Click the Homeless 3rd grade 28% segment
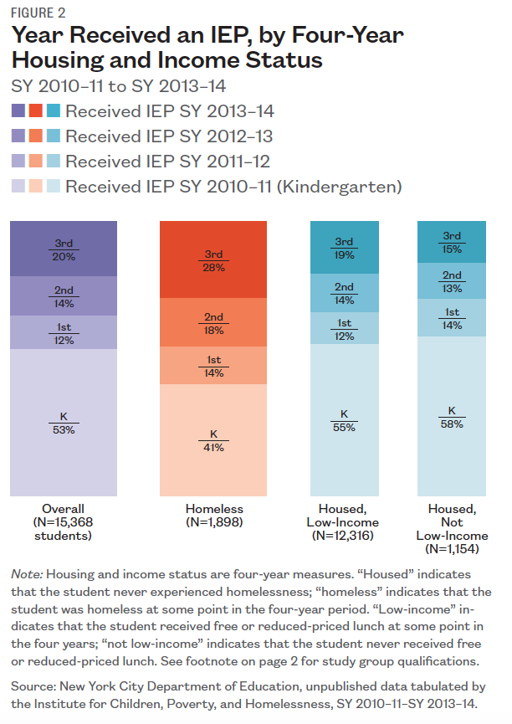point(212,260)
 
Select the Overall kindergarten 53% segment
point(63,423)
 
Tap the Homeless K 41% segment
point(212,439)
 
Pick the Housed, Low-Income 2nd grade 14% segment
point(344,292)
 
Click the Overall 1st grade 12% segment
point(63,332)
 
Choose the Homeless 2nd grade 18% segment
point(212,323)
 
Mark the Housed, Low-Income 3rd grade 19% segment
point(344,248)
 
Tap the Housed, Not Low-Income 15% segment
point(452,242)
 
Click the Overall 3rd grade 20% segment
point(63,249)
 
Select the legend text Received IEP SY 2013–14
point(170,110)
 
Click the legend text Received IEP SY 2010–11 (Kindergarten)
point(233,186)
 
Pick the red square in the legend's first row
point(35,110)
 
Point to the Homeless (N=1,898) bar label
point(213,516)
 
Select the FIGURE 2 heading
point(38,13)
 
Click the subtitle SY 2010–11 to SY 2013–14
point(119,85)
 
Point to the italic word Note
point(27,574)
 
